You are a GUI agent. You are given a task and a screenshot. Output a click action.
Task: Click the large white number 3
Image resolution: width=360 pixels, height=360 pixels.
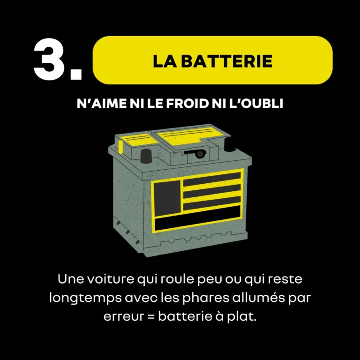pyautogui.click(x=52, y=60)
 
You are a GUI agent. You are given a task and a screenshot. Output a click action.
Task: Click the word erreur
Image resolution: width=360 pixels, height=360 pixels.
pyautogui.click(x=123, y=316)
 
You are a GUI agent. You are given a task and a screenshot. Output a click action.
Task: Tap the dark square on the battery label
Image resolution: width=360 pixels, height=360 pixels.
pyautogui.click(x=167, y=197)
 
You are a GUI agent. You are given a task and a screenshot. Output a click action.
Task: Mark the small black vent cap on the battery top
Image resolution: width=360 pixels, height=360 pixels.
pyautogui.click(x=199, y=153)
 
